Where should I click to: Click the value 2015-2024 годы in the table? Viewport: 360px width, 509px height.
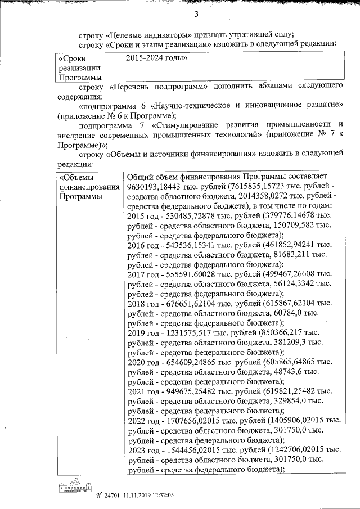coord(156,58)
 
